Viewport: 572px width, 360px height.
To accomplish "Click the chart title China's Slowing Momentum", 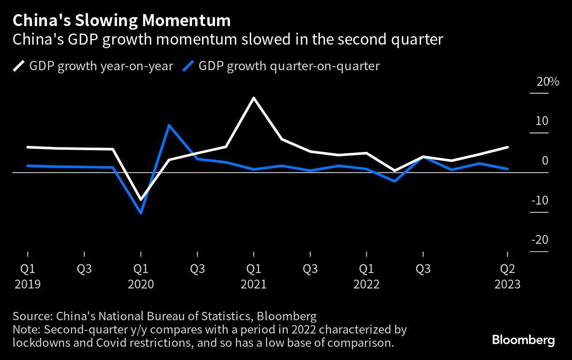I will point(121,20).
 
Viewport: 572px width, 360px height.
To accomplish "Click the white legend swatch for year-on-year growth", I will point(19,66).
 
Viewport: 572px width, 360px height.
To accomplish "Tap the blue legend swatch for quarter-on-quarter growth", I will point(188,66).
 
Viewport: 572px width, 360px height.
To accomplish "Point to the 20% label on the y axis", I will point(548,82).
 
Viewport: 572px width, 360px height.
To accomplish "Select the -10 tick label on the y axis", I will point(539,201).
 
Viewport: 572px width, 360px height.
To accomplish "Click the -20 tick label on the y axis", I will point(539,240).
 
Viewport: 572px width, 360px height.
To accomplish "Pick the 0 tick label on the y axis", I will point(545,161).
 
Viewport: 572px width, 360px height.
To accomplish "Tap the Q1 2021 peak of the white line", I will point(254,98).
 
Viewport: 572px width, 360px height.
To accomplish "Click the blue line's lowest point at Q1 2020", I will point(141,213).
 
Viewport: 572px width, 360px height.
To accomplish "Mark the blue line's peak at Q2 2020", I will point(169,125).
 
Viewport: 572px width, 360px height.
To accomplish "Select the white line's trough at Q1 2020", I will point(141,200).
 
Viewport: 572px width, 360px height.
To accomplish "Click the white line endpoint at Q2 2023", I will point(508,147).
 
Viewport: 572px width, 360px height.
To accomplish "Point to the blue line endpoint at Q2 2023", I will point(508,169).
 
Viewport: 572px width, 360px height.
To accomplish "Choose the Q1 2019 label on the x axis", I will point(28,269).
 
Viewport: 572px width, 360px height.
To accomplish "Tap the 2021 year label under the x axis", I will point(254,284).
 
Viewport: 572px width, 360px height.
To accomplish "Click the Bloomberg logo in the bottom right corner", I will point(523,340).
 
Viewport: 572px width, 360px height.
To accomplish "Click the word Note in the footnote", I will point(26,330).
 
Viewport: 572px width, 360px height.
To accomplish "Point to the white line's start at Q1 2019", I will point(28,147).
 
